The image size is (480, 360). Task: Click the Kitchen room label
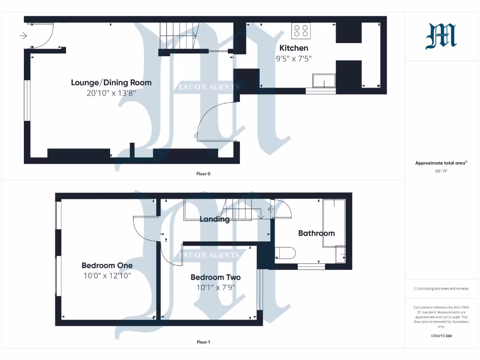tap(294, 48)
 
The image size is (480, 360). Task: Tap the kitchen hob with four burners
tap(301, 31)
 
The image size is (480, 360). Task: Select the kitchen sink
tap(324, 81)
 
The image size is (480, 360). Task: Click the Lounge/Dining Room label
tap(111, 82)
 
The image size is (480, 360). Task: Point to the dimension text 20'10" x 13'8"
tap(111, 93)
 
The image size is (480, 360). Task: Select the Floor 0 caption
tap(203, 174)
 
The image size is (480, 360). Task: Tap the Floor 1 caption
tap(203, 342)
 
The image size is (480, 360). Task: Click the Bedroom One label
tap(107, 265)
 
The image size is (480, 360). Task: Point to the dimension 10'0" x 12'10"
tap(107, 276)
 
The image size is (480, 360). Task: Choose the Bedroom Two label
tap(216, 277)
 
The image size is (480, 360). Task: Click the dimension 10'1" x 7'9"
tap(216, 288)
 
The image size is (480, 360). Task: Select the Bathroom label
tap(316, 233)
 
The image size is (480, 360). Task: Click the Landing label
tap(215, 219)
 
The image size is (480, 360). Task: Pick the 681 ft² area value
tap(441, 171)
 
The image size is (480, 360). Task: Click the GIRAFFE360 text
tap(441, 336)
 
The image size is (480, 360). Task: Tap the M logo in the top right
tap(441, 37)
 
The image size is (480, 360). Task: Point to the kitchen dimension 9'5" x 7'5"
tap(294, 59)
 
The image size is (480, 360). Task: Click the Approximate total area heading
tap(440, 163)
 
